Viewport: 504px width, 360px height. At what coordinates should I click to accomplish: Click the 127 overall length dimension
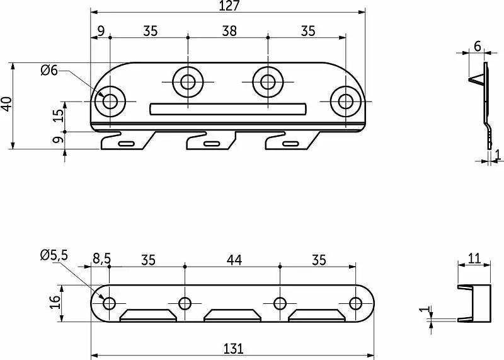point(229,6)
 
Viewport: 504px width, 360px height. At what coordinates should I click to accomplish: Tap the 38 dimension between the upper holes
point(229,31)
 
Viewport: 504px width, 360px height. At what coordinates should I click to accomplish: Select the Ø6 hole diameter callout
point(49,70)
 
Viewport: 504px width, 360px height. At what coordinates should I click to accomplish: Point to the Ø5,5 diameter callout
point(54,255)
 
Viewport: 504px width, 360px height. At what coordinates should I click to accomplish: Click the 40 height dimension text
point(7,103)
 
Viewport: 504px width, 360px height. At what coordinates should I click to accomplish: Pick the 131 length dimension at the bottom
point(233,349)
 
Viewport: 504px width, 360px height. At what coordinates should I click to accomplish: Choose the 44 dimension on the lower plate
point(234,260)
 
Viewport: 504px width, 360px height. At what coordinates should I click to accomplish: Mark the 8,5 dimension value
point(101,258)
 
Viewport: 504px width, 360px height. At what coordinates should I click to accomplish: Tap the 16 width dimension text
point(55,302)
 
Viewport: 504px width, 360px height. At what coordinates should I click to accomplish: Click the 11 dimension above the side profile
point(474,258)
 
